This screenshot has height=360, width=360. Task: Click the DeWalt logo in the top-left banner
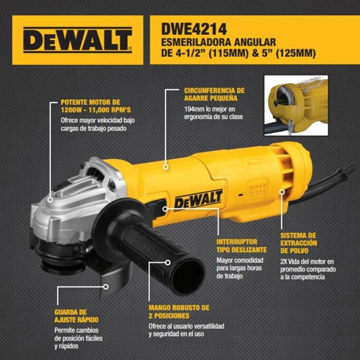click(78, 40)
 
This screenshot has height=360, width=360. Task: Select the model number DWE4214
click(194, 29)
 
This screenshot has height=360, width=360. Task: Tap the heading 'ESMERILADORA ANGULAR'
click(219, 42)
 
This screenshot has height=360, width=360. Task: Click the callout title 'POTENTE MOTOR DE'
click(91, 102)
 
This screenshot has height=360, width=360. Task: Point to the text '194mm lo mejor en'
click(210, 109)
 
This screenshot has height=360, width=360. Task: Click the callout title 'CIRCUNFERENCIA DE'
click(214, 91)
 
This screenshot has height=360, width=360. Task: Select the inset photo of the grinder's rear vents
click(296, 105)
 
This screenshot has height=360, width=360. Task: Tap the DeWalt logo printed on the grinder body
click(199, 200)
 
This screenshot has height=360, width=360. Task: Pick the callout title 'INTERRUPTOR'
click(237, 242)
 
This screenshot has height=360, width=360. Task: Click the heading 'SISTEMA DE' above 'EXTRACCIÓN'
click(298, 236)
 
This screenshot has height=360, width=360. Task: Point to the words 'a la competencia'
click(302, 277)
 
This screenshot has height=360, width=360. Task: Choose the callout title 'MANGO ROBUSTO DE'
click(179, 308)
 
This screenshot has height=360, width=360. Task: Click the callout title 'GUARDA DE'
click(70, 312)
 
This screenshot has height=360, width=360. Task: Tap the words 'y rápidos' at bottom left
click(66, 346)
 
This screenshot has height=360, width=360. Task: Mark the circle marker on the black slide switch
click(165, 209)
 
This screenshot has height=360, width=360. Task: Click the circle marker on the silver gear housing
click(50, 200)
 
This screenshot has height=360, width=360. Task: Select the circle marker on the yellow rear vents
click(282, 192)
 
